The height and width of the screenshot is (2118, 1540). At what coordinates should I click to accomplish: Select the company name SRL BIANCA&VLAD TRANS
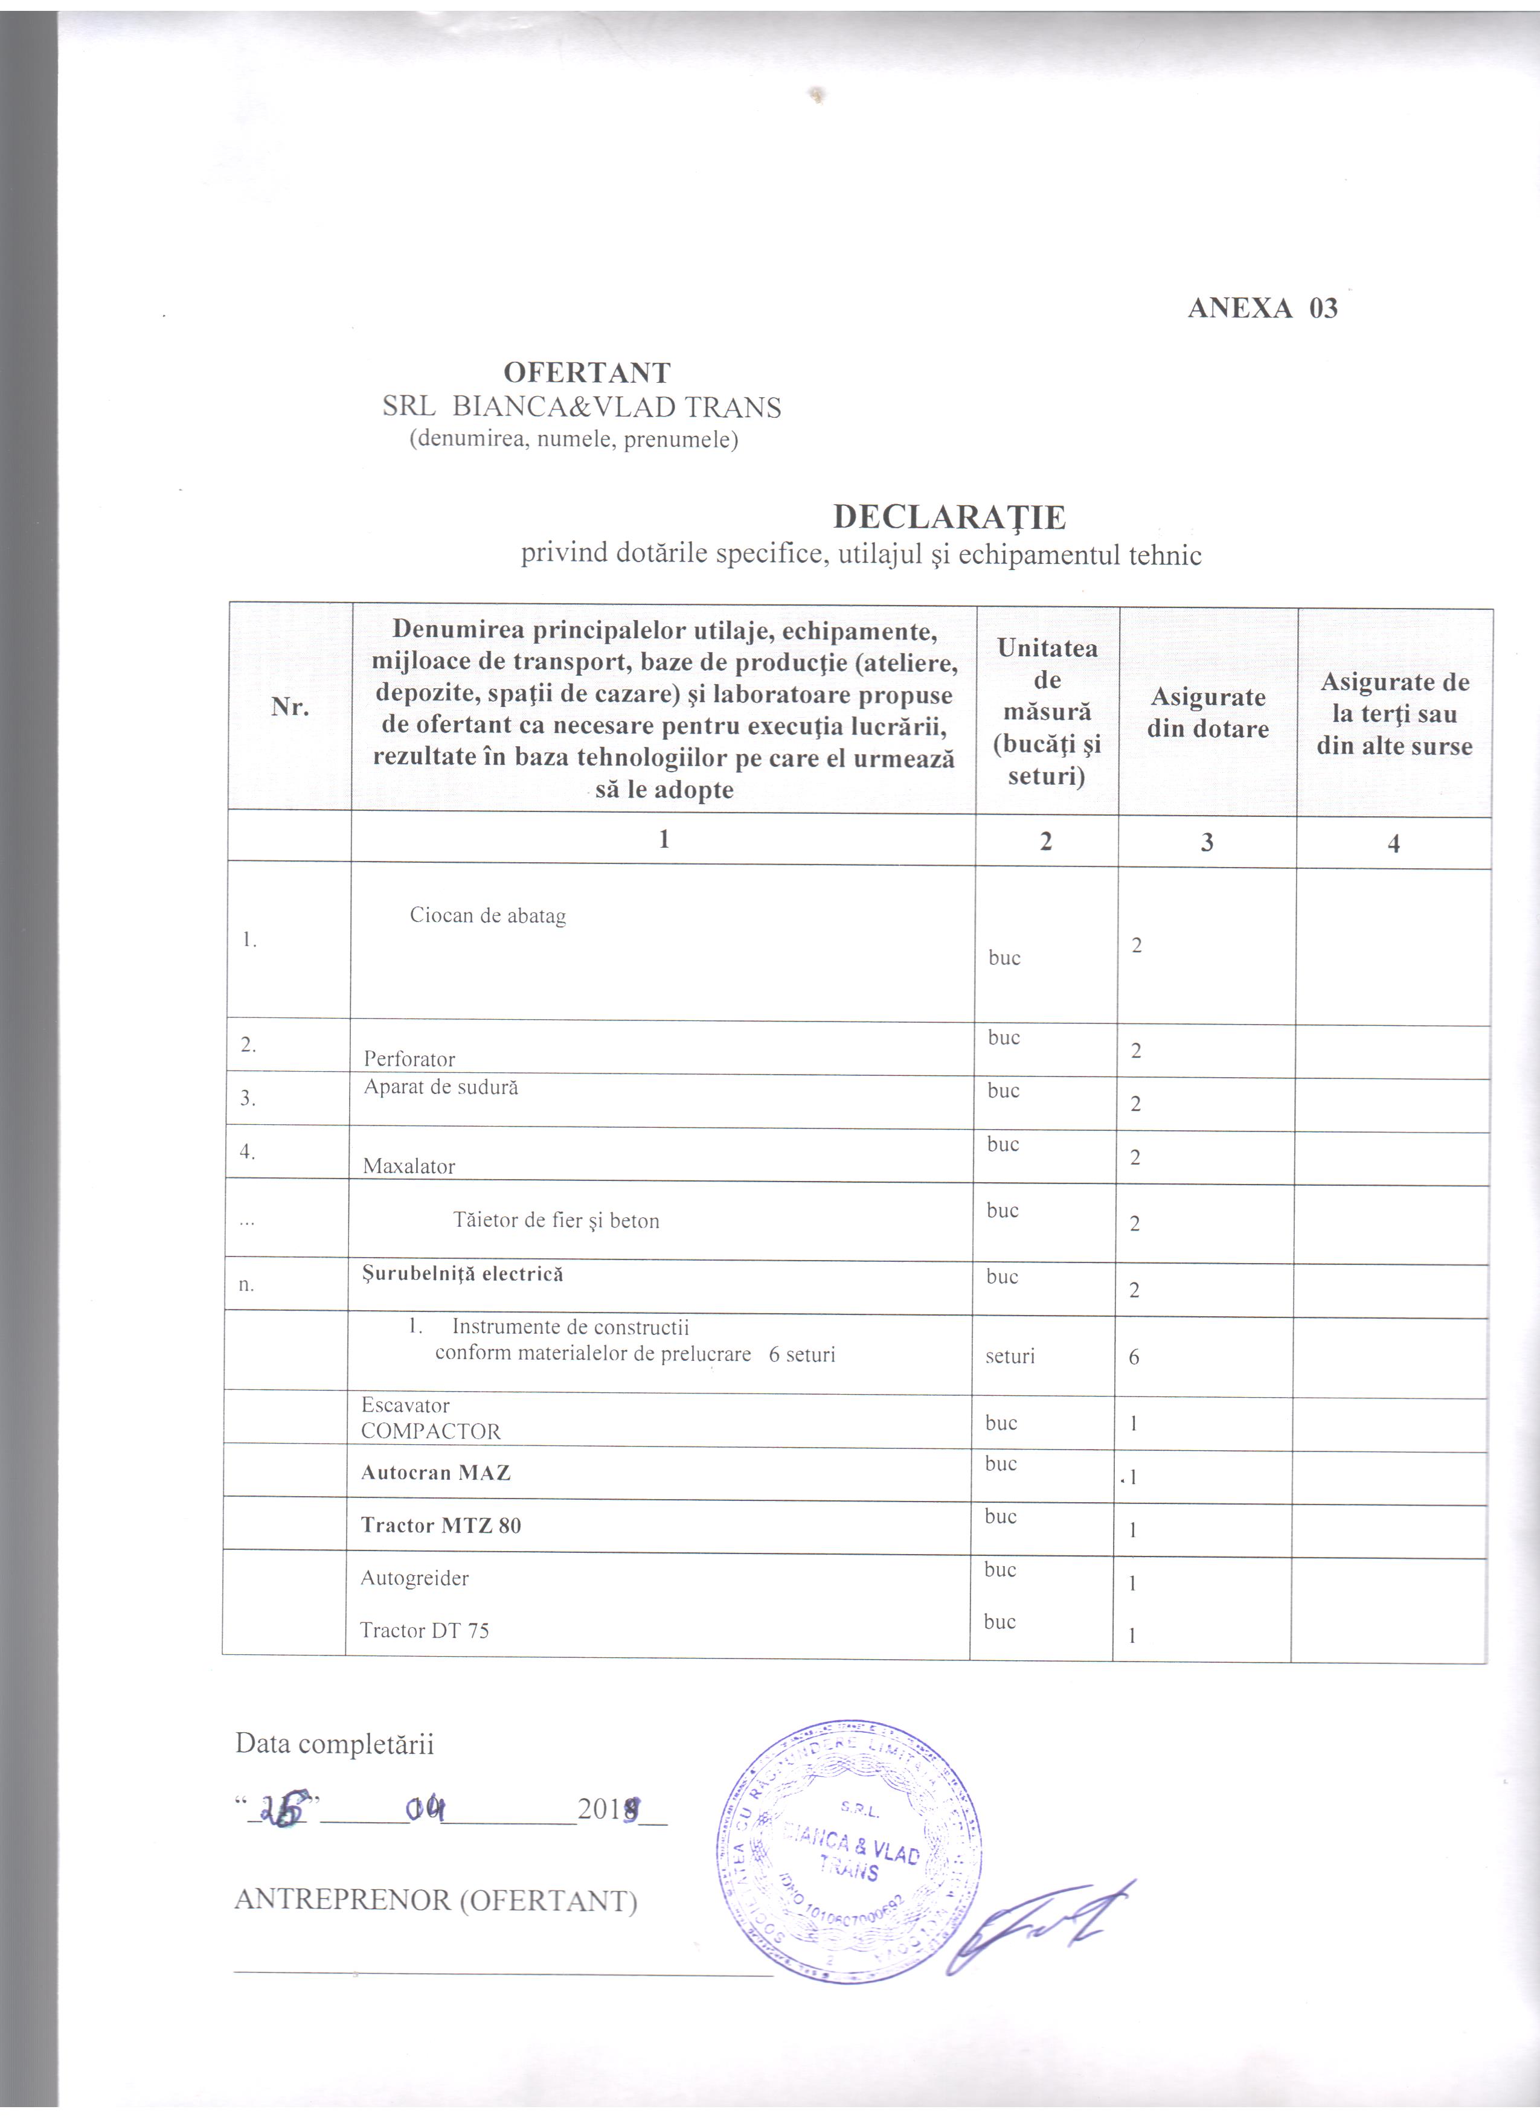point(581,407)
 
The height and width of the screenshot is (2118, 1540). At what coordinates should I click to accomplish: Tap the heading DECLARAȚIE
point(949,516)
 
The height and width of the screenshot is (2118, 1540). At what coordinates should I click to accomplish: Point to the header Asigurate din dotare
point(1207,712)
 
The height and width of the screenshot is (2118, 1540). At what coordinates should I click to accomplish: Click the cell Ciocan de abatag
point(487,916)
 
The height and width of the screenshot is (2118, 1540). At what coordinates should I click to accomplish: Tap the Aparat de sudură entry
point(441,1087)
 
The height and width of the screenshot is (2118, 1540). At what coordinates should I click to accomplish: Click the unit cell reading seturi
point(1010,1356)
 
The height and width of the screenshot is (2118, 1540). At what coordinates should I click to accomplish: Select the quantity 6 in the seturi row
point(1134,1357)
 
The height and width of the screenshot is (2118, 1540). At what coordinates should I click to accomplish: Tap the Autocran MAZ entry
point(435,1473)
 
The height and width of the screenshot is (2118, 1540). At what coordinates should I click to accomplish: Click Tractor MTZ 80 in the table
point(441,1525)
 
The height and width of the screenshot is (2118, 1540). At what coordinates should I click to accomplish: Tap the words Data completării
point(335,1744)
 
